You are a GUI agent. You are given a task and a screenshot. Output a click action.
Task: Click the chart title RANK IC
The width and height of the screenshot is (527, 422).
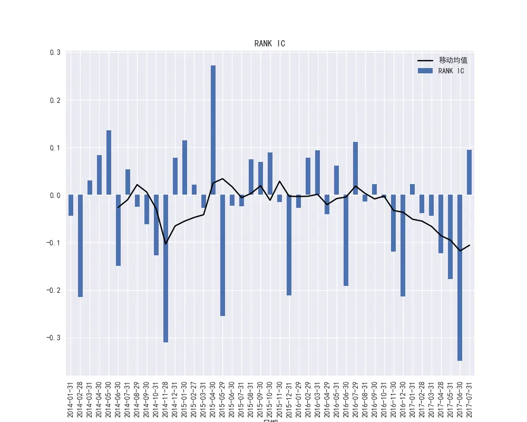(269, 44)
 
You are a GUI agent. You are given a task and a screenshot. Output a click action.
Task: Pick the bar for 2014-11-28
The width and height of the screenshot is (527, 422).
(166, 268)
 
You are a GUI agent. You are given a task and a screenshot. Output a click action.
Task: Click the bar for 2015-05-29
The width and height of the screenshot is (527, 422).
(223, 255)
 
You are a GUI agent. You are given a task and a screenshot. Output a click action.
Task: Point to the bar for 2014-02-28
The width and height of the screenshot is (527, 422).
(81, 246)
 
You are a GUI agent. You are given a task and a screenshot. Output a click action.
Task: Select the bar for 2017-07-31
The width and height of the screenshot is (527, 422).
(469, 172)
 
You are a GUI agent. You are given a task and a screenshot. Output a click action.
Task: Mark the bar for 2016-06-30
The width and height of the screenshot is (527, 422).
(346, 240)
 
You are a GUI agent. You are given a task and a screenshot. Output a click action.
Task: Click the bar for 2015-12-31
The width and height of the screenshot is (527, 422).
(289, 245)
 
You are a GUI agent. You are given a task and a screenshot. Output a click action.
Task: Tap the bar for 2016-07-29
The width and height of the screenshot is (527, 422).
(356, 168)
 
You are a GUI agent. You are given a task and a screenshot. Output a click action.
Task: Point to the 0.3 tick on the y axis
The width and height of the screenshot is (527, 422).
(55, 52)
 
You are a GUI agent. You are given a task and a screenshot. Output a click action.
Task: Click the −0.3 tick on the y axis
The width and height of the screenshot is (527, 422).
(53, 338)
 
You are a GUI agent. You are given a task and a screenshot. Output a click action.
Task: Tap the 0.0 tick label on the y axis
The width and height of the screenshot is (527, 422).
(55, 195)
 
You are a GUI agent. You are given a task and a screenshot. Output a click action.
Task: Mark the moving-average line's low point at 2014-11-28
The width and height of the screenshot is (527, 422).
(166, 244)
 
